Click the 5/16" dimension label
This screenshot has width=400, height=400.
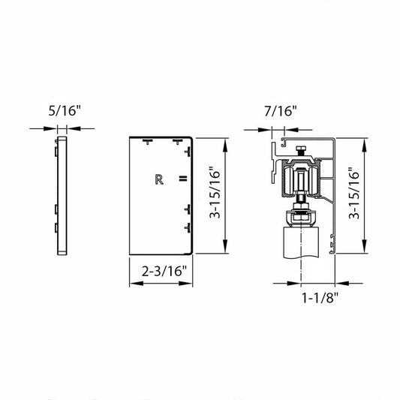tap(65, 111)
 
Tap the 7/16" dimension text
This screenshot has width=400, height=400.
tap(281, 111)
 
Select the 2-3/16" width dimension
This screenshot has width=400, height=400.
tap(164, 271)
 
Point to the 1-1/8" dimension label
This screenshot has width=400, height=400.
tap(320, 297)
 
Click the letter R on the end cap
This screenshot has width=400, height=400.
tap(159, 179)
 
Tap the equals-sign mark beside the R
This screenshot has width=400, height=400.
tap(183, 179)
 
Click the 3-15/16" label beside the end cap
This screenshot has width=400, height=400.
tap(215, 193)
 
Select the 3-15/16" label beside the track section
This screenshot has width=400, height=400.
tap(353, 193)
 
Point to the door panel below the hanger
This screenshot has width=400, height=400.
tap(301, 243)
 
